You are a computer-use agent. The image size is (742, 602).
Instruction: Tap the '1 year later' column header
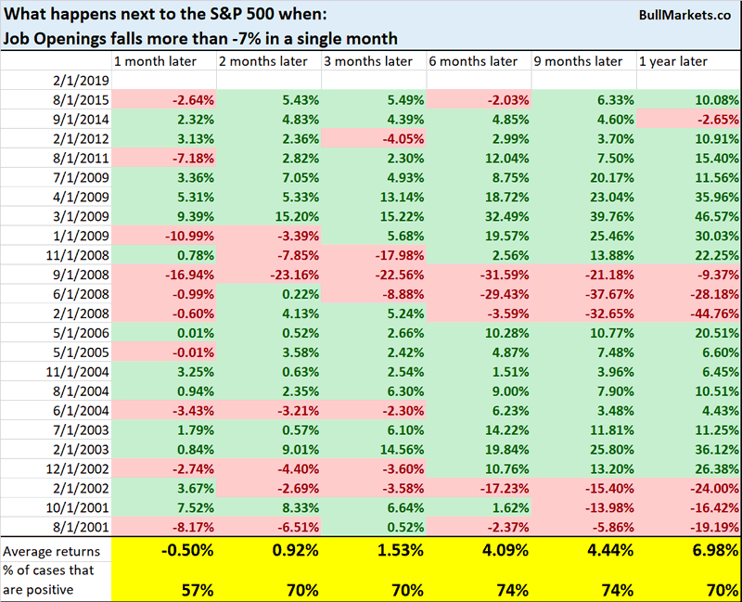[672, 61]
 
